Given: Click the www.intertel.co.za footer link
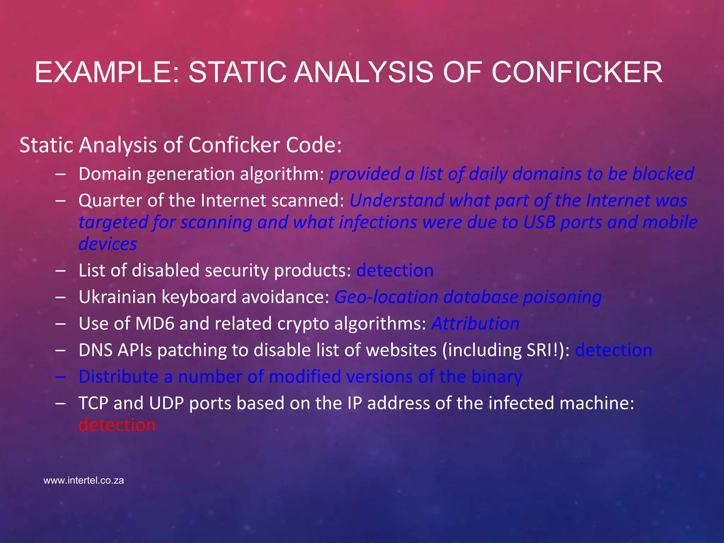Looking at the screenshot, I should point(83,480).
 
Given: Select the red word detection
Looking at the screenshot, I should point(117,425).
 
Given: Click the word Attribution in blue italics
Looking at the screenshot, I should point(475,323).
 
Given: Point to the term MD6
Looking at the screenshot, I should point(155,323).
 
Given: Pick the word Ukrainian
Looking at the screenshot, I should point(117,297).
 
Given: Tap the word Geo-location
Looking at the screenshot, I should point(386,297).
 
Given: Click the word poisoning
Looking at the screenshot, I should point(562,297).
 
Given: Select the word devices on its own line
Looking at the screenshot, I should point(107,244).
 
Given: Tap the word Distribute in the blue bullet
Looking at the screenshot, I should point(118,376).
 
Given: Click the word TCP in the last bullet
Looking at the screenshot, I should point(93,403).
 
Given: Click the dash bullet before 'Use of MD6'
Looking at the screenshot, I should point(60,323).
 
